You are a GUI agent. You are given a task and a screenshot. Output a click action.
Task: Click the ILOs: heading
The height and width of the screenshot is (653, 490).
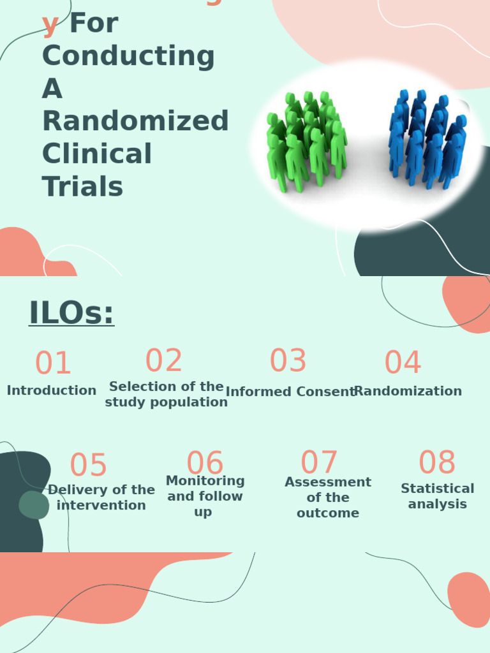[71, 313]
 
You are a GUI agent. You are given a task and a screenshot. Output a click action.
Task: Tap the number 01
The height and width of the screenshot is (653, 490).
[53, 363]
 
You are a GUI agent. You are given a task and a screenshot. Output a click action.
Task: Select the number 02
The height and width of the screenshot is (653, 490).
[164, 361]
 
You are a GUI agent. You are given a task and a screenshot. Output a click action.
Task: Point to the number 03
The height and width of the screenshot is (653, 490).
[288, 361]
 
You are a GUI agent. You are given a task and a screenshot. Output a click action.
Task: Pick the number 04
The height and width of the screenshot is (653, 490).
[403, 363]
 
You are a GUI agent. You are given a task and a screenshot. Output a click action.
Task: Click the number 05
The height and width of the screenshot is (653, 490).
[88, 466]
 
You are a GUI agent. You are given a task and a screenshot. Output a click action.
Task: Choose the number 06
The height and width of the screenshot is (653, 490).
[205, 464]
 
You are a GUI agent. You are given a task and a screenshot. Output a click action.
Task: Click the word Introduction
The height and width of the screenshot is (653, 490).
[52, 390]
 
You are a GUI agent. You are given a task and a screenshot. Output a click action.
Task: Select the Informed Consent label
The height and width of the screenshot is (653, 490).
[290, 392]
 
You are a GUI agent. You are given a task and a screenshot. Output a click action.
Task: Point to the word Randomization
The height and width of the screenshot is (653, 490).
[408, 391]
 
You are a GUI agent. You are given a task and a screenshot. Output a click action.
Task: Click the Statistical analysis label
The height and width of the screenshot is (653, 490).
[438, 496]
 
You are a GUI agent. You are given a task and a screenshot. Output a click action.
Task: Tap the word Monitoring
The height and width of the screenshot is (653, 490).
[205, 481]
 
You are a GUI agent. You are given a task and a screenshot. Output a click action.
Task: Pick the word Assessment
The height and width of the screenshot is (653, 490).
[328, 482]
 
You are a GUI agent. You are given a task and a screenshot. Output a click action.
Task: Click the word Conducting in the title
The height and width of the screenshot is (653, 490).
[128, 55]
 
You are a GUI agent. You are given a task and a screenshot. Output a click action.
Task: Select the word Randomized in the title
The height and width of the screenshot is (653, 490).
[135, 121]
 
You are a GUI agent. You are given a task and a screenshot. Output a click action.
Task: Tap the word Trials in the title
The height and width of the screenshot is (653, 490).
[82, 187]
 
